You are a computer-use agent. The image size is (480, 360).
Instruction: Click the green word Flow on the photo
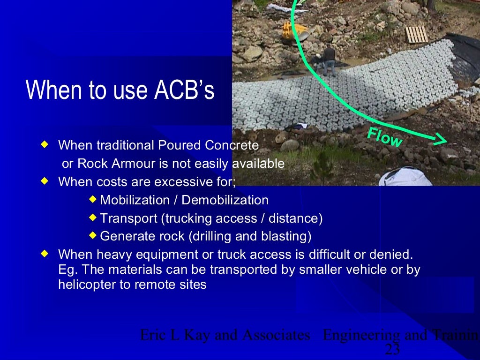pyautogui.click(x=384, y=137)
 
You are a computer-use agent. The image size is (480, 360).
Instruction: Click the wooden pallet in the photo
pyautogui.click(x=416, y=34)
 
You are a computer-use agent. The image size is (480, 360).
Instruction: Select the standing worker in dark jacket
pyautogui.click(x=330, y=60)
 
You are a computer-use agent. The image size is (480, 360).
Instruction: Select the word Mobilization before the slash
pyautogui.click(x=135, y=200)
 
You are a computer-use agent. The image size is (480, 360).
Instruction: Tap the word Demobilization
pyautogui.click(x=225, y=200)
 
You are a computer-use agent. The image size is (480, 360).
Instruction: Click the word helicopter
pyautogui.click(x=87, y=285)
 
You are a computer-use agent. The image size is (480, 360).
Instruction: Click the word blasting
pyautogui.click(x=287, y=236)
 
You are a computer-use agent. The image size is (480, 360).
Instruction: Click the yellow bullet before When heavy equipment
pyautogui.click(x=45, y=254)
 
